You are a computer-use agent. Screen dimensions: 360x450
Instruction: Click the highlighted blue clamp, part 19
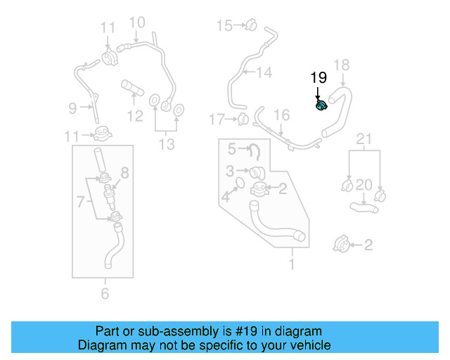tap(321, 106)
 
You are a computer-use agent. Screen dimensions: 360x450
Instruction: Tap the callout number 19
tap(319, 77)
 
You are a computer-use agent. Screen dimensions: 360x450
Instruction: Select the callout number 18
tap(340, 65)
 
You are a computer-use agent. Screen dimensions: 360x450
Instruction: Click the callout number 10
tap(136, 22)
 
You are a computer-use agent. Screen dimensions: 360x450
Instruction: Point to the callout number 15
tap(224, 26)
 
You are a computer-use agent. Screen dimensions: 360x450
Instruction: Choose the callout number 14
tap(264, 72)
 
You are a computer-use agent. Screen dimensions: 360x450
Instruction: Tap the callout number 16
tap(281, 115)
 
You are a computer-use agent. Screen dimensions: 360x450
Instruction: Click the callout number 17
tap(217, 118)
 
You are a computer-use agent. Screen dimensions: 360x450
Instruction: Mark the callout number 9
tap(72, 108)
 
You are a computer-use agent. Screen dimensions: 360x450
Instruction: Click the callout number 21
tap(363, 139)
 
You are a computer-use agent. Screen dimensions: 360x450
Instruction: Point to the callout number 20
tap(363, 185)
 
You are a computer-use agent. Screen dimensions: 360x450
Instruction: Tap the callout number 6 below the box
tap(105, 293)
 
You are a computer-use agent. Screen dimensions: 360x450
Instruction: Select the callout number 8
tap(125, 172)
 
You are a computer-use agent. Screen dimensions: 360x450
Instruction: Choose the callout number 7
tap(82, 202)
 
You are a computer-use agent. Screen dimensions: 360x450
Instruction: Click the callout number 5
tap(232, 148)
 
